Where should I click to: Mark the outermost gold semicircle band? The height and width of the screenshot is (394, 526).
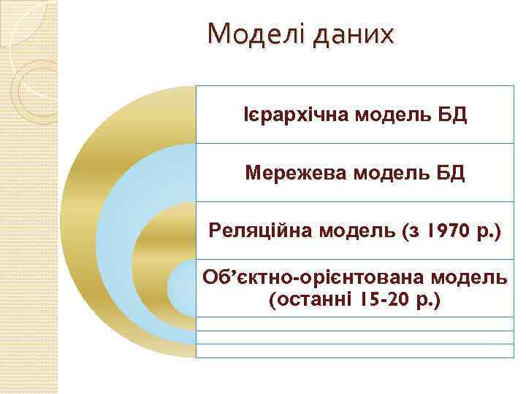tap(80, 219)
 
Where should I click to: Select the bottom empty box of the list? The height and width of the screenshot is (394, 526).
tap(354, 351)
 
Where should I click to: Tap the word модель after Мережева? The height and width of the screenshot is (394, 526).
tap(387, 174)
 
